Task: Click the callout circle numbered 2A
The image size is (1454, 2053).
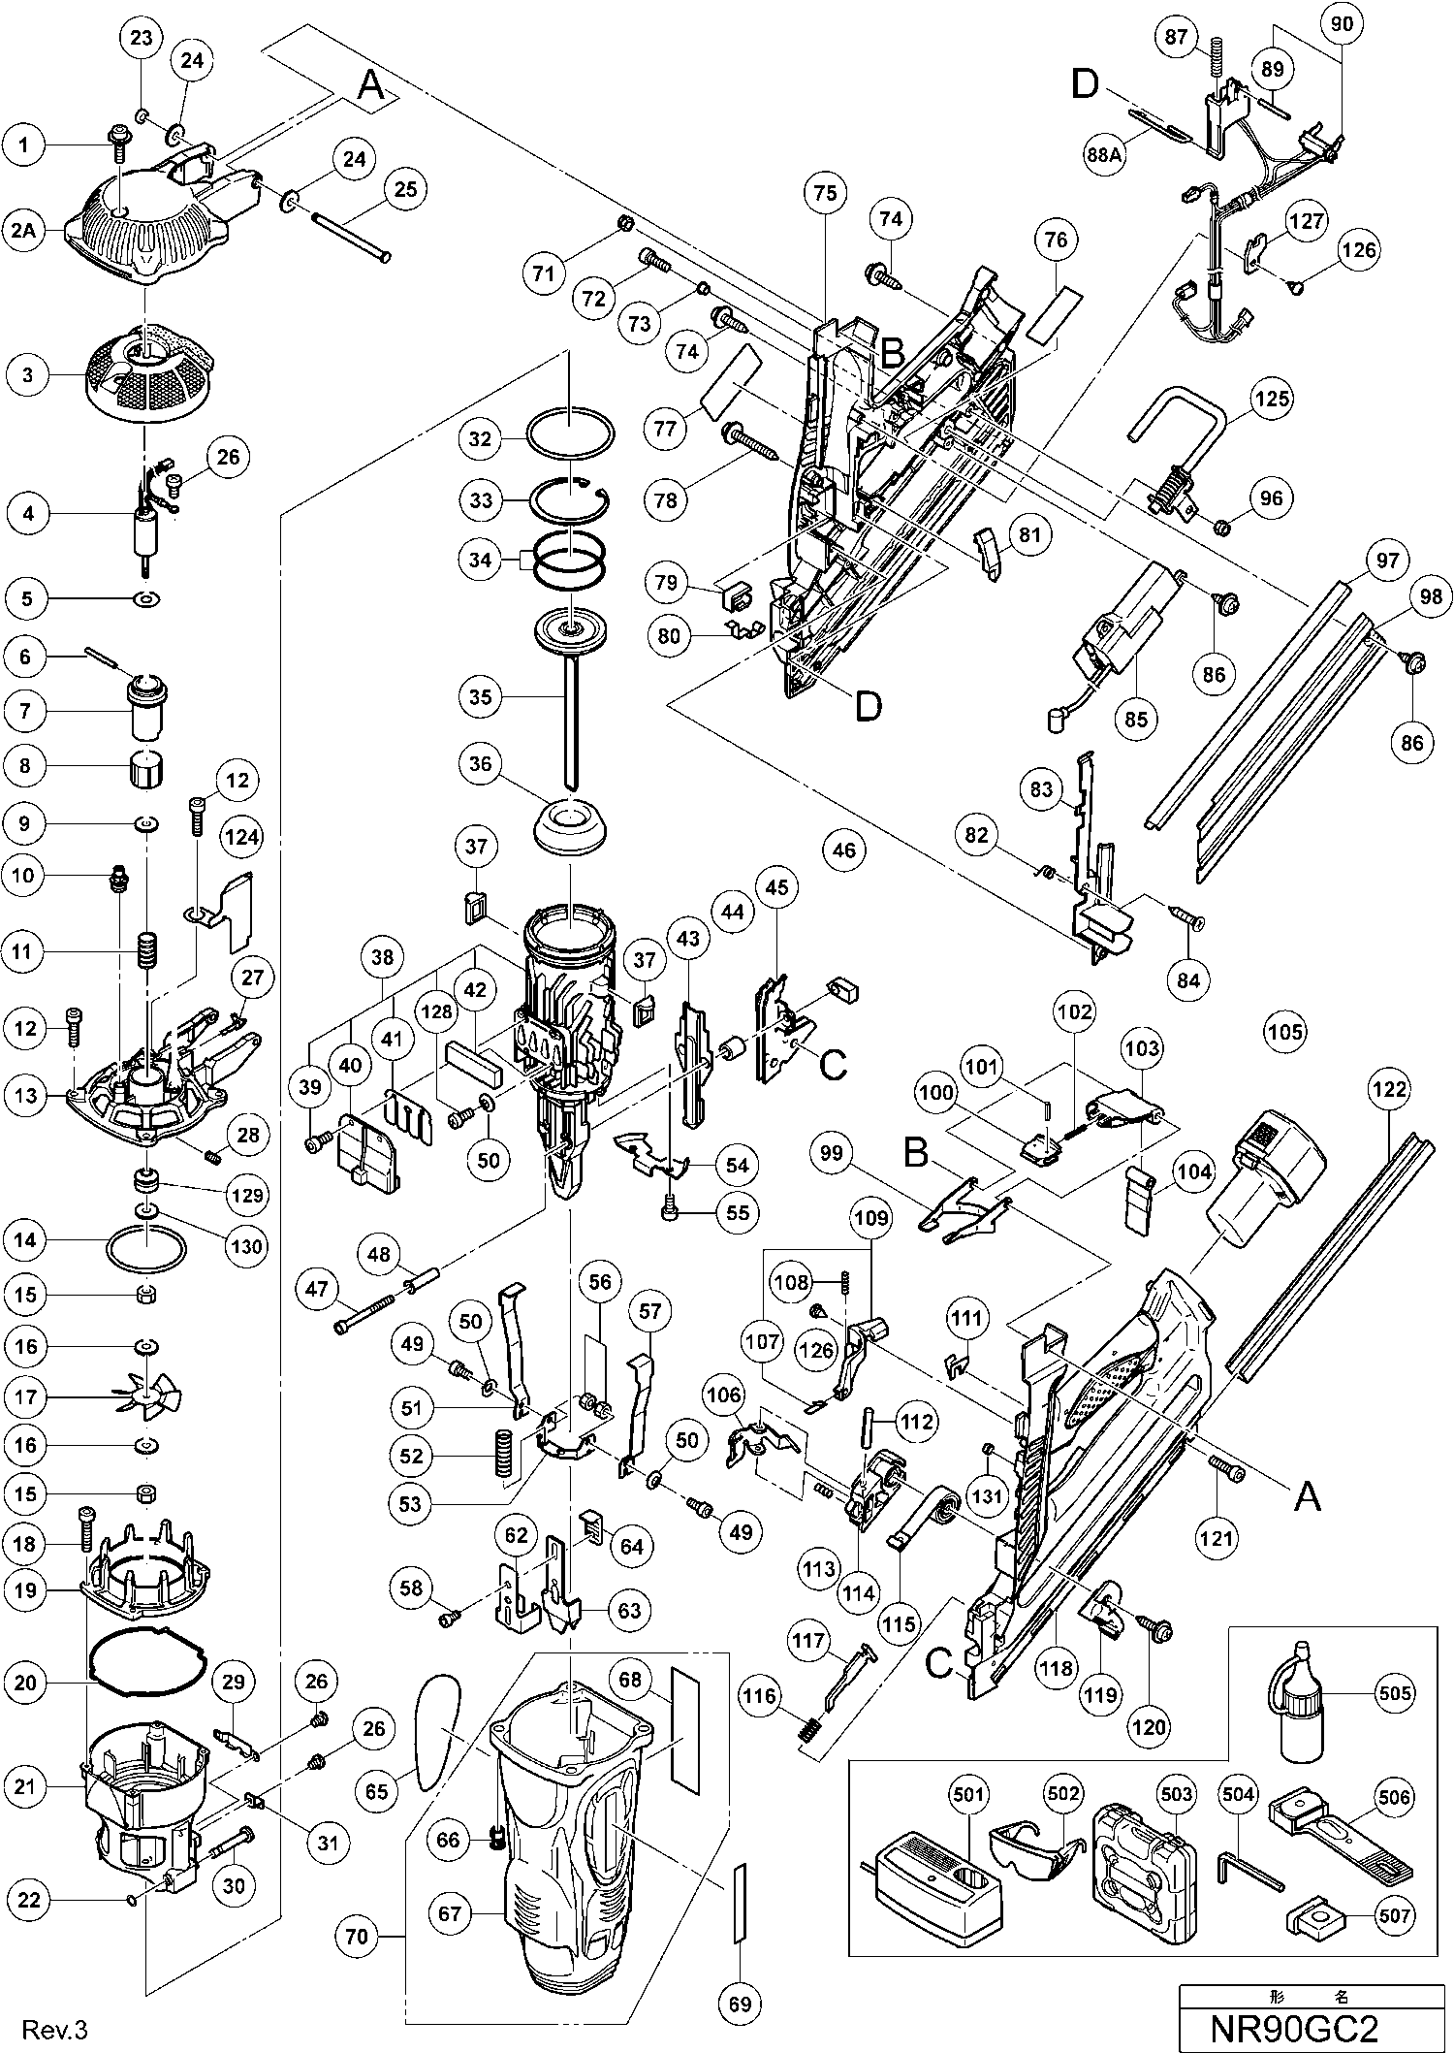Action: click(26, 230)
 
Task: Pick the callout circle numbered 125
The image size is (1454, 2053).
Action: click(1271, 398)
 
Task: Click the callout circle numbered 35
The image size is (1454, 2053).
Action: click(481, 696)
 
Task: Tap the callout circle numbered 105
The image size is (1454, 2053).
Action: click(1285, 1031)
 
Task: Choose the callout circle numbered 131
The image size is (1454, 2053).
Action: click(988, 1496)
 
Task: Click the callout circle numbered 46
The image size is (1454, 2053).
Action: click(844, 850)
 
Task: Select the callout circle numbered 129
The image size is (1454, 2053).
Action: click(246, 1196)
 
